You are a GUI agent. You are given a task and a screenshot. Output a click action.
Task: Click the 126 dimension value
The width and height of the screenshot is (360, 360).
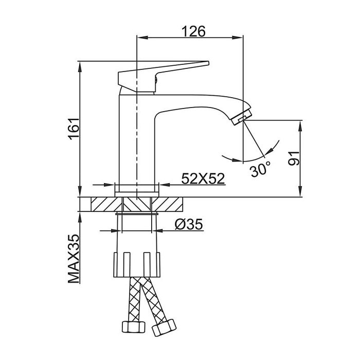point(193,31)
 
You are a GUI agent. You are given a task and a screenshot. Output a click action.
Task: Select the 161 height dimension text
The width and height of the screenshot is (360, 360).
point(74,129)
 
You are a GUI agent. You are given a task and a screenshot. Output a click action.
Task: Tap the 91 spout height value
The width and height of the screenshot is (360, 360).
point(294,158)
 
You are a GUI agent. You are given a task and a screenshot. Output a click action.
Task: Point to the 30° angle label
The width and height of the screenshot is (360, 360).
point(260,169)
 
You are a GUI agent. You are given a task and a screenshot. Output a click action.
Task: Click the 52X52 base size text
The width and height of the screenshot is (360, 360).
point(203,178)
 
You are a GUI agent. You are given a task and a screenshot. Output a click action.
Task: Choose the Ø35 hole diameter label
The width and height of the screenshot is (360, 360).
point(189,224)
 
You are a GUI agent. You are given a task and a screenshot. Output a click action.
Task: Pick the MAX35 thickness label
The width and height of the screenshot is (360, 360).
point(74,259)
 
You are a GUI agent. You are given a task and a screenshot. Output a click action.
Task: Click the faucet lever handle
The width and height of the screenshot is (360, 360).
point(160,75)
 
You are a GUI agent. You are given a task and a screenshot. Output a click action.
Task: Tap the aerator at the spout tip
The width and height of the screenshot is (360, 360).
point(242,117)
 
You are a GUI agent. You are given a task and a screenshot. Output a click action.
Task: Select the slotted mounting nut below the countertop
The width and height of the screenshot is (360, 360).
point(137,264)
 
